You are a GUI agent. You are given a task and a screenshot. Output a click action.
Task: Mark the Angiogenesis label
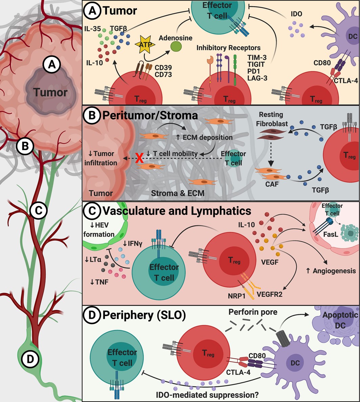331,271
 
